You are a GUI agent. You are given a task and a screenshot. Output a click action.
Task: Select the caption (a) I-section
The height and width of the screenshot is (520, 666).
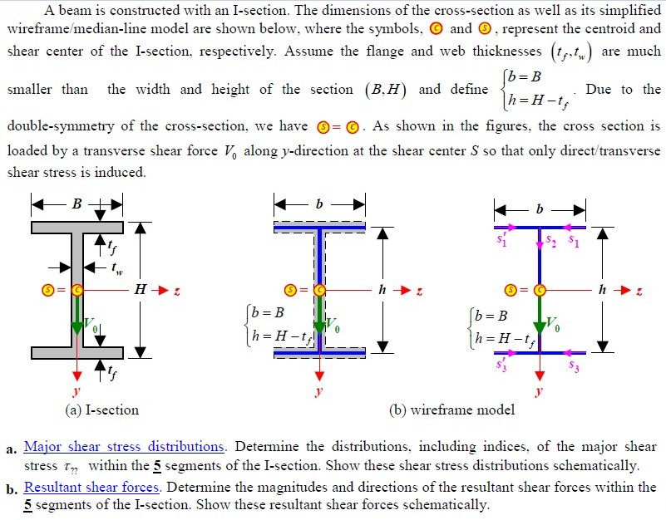coord(101,410)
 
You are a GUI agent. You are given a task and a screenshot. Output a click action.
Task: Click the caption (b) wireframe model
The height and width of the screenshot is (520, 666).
coord(451,410)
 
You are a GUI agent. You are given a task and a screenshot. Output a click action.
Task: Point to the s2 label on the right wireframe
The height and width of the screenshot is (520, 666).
coord(550,242)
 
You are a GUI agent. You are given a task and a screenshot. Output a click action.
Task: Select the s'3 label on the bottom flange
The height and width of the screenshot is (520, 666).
coord(501,365)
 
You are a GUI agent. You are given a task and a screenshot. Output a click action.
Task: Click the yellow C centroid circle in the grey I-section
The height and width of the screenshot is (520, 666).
coord(76,290)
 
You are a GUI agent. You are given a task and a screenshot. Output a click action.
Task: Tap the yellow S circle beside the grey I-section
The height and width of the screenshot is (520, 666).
coord(51,290)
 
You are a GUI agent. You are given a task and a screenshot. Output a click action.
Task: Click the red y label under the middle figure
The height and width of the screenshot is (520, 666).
coord(318,390)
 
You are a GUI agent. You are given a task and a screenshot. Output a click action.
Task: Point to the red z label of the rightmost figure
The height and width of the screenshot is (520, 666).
coord(639,291)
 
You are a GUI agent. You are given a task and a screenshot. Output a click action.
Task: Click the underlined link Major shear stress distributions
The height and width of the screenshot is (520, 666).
coord(124,447)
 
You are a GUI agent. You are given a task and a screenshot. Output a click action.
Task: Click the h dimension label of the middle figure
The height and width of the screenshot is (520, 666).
coord(382,290)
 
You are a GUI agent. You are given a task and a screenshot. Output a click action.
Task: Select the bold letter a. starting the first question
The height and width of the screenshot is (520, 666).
coord(11,449)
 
